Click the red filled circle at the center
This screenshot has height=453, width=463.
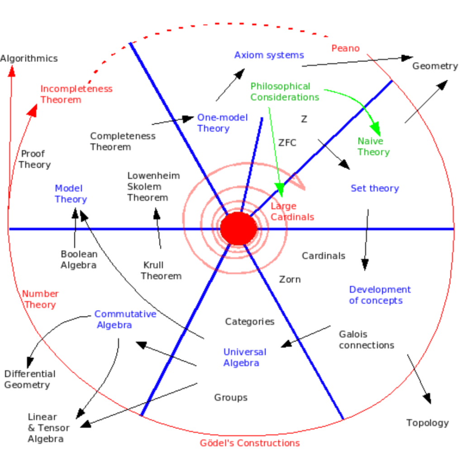point(239,229)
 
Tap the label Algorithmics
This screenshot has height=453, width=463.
point(29,58)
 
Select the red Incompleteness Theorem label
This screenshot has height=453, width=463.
point(76,94)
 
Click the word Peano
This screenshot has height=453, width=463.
point(345,48)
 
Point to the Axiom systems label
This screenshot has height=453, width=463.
point(269,55)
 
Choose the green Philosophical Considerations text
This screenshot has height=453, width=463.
point(285,92)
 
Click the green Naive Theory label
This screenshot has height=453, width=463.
point(373,147)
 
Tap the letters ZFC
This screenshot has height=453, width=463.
point(287,143)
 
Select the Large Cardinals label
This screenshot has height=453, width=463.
point(292,211)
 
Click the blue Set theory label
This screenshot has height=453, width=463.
point(375,188)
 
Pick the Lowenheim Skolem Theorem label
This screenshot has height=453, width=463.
point(153,186)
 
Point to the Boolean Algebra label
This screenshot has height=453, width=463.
point(79,260)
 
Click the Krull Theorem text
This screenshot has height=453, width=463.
point(161,271)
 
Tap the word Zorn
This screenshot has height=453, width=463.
point(290,279)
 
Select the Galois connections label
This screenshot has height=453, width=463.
point(366,340)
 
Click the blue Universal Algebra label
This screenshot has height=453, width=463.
point(244,358)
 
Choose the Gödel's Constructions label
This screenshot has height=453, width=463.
point(249,443)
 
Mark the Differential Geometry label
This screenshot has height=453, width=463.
point(30,379)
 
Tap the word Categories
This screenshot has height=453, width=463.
point(250,322)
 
